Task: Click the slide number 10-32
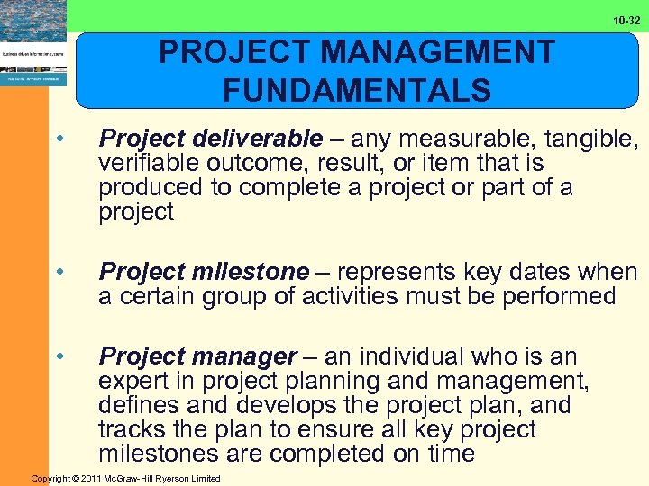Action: point(626,20)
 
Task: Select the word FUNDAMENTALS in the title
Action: point(357,91)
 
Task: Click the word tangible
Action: point(587,139)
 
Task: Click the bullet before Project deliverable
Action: point(59,139)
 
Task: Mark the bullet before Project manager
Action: point(59,356)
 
